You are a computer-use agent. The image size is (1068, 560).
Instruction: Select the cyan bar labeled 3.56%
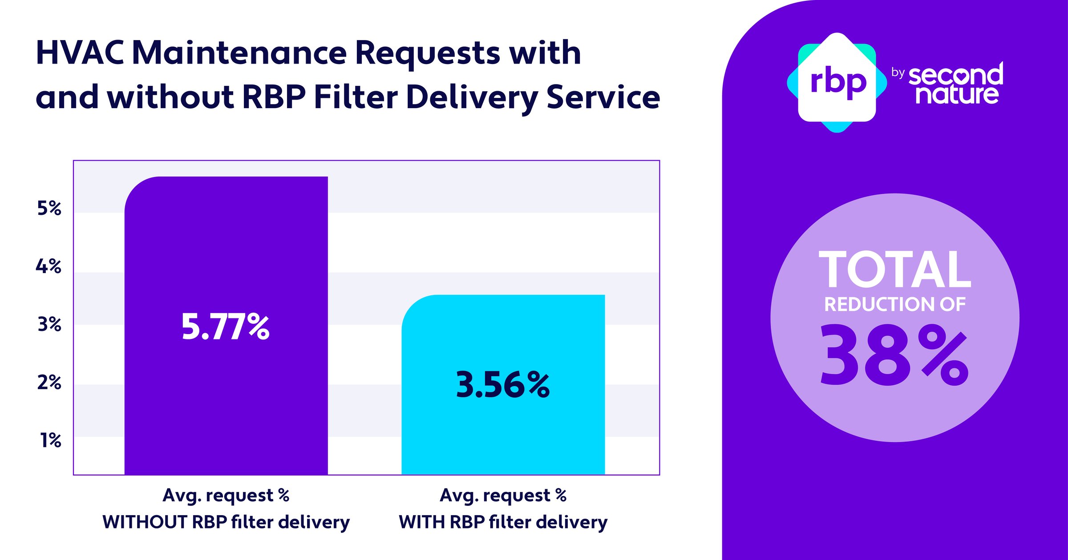tap(503, 436)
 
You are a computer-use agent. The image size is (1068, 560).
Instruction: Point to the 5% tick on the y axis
tap(49, 208)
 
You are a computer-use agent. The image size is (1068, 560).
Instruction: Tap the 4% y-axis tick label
tap(49, 266)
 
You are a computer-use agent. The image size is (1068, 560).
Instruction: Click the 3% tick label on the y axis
tap(49, 324)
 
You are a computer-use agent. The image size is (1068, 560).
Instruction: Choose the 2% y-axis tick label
tap(49, 383)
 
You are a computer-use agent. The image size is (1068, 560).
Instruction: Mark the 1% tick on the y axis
tap(51, 440)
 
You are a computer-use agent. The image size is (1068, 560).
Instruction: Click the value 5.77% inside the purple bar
tap(225, 327)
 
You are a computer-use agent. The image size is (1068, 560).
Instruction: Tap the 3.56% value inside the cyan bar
tap(503, 385)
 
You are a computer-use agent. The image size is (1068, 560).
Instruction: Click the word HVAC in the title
tap(80, 53)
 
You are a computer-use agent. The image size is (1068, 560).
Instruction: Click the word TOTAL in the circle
tap(894, 270)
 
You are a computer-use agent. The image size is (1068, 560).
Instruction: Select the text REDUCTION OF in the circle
tap(894, 305)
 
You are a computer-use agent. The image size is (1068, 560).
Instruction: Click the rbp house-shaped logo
tap(837, 83)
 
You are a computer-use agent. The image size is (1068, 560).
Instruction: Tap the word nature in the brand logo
tap(957, 94)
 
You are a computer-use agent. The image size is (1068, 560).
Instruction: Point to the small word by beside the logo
tap(898, 73)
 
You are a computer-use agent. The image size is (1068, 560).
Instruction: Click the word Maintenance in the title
tap(239, 53)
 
